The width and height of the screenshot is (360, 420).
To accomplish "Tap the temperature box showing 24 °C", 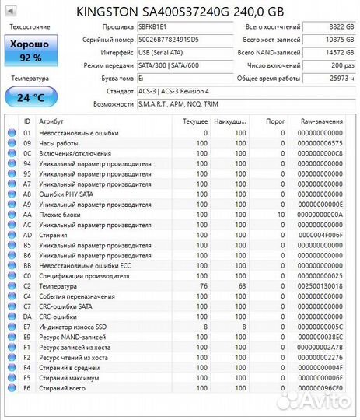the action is point(31,97).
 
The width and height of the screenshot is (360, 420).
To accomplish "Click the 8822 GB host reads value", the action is point(328,27).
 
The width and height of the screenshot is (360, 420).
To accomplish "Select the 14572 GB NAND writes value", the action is point(328,52).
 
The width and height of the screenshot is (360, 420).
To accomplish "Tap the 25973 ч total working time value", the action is point(328,79).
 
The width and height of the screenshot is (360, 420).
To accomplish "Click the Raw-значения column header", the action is point(321,121).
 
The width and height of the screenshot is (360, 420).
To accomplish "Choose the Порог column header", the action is point(275,121).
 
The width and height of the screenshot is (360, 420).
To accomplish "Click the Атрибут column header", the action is point(51,121).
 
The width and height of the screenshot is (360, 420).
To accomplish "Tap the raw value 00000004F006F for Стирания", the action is point(320,235).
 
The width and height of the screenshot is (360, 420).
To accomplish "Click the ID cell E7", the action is point(27,327).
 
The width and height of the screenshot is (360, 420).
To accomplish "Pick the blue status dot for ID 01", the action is point(12,133).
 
